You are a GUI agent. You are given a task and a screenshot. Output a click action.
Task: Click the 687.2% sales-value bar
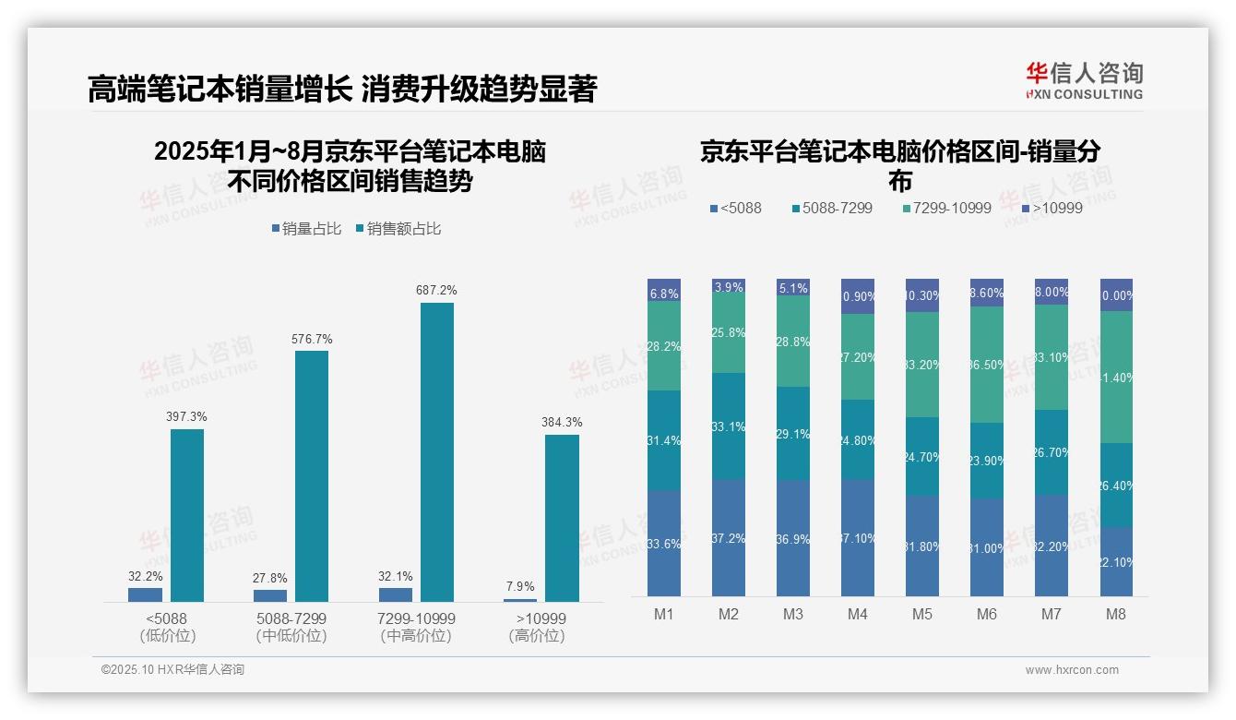tap(437, 452)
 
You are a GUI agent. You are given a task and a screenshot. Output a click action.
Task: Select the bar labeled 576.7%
tap(312, 476)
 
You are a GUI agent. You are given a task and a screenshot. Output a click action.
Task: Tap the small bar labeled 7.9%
tap(520, 600)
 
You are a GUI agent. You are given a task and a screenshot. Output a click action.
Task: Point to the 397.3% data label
tap(186, 417)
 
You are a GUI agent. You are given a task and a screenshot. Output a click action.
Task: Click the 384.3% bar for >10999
tap(562, 518)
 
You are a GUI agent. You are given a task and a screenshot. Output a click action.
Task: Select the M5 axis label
tap(921, 615)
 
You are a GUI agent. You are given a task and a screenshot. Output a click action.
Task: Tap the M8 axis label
tap(1115, 615)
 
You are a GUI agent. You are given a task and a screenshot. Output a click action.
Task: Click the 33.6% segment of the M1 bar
tap(664, 543)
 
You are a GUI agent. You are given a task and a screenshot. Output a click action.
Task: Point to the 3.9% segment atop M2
tap(729, 287)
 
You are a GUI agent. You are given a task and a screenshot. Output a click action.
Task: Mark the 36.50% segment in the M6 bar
tap(987, 365)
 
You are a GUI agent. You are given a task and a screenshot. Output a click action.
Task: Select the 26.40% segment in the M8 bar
tap(1116, 485)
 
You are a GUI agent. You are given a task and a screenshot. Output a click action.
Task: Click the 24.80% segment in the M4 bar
tap(858, 439)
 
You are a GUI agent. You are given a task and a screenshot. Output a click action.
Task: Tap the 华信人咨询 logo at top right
tap(1084, 80)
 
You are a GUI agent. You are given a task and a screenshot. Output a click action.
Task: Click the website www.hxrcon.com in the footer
tap(1072, 670)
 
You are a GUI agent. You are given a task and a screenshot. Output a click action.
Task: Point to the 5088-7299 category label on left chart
tap(291, 626)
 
